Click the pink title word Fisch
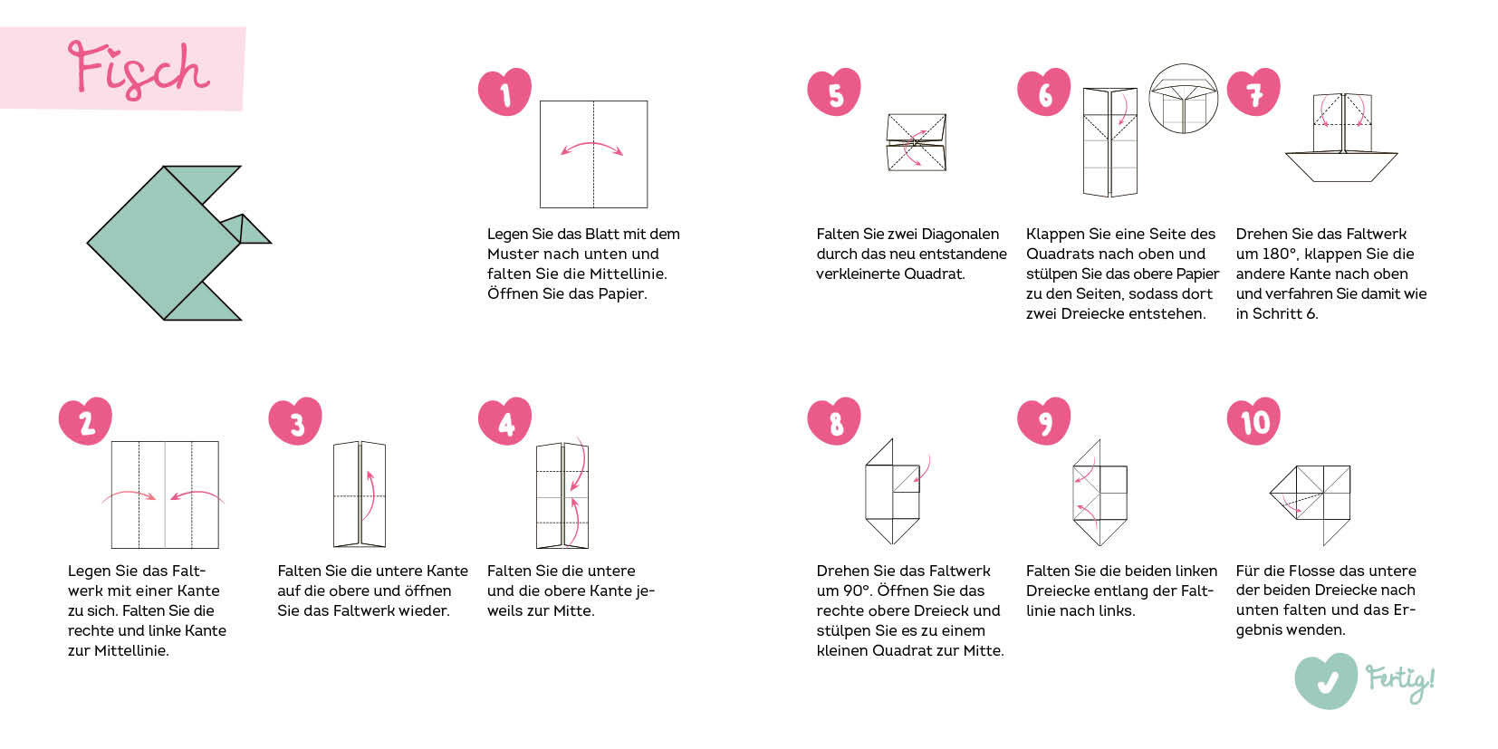point(139,70)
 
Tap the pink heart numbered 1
point(504,91)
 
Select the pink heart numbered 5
point(834,91)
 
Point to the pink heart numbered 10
point(1253,420)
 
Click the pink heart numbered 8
point(834,420)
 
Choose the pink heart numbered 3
point(295,420)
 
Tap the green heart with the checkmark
point(1326,681)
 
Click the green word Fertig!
point(1400,683)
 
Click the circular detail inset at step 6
point(1183,99)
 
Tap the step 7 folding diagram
point(1341,137)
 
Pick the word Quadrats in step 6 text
point(1061,254)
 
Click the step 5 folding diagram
point(917,142)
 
